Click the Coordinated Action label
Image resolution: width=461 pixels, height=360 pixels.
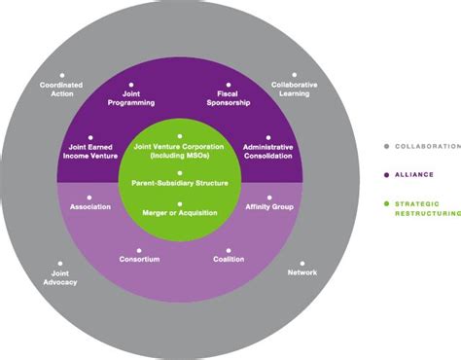pyautogui.click(x=61, y=89)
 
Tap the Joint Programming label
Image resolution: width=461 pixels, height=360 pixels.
pyautogui.click(x=131, y=98)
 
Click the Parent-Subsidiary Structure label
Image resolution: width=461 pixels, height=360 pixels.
pyautogui.click(x=180, y=182)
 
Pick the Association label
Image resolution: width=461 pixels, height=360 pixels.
pyautogui.click(x=89, y=206)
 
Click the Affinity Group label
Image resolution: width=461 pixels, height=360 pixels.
pyautogui.click(x=268, y=206)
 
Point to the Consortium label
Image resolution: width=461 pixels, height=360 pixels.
pyautogui.click(x=139, y=260)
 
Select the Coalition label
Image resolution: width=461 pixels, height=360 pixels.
pyautogui.click(x=229, y=260)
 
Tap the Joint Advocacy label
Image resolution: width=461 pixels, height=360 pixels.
pyautogui.click(x=60, y=277)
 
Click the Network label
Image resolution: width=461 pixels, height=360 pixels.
pyautogui.click(x=302, y=273)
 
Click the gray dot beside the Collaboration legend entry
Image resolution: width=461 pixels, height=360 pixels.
pyautogui.click(x=386, y=146)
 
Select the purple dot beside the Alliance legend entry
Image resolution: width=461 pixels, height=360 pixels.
pyautogui.click(x=386, y=174)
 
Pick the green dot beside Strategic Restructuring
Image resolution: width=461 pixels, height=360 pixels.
pyautogui.click(x=386, y=203)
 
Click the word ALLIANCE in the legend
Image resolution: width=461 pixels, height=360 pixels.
pyautogui.click(x=414, y=174)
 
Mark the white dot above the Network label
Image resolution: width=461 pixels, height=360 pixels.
pyautogui.click(x=302, y=263)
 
